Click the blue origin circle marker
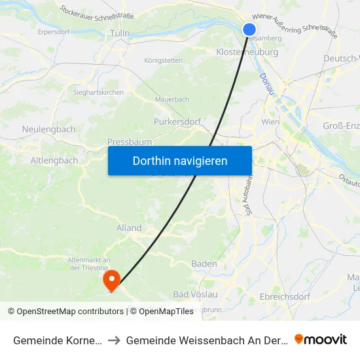pyautogui.click(x=249, y=29)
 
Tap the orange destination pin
pyautogui.click(x=112, y=280)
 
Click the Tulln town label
pyautogui.click(x=120, y=33)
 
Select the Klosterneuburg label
pyautogui.click(x=247, y=52)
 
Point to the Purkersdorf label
pyautogui.click(x=175, y=122)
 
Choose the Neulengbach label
pyautogui.click(x=48, y=130)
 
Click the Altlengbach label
pyautogui.click(x=54, y=160)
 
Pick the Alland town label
pyautogui.click(x=129, y=228)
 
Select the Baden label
pyautogui.click(x=204, y=264)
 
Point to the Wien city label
pyautogui.click(x=270, y=122)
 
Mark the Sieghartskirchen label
pyautogui.click(x=98, y=92)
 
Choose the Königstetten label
pyautogui.click(x=163, y=60)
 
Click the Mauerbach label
pyautogui.click(x=172, y=99)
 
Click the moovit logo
pyautogui.click(x=320, y=340)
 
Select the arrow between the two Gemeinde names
pyautogui.click(x=114, y=340)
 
